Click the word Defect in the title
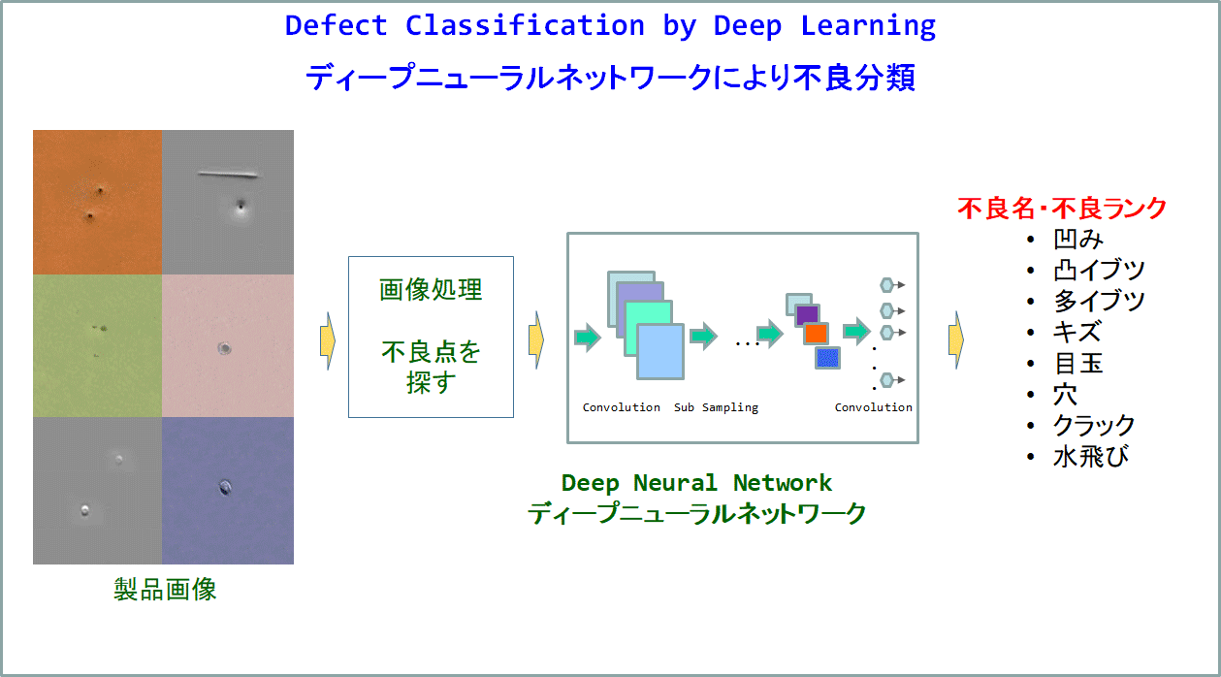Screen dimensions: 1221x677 tap(336, 25)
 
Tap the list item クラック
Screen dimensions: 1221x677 tap(1093, 425)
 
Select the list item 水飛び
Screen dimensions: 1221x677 tap(1091, 456)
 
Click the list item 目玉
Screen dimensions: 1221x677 tap(1078, 363)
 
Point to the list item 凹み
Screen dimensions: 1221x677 tap(1078, 239)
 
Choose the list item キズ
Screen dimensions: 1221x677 tap(1077, 332)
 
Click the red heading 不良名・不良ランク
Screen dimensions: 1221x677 tap(1062, 209)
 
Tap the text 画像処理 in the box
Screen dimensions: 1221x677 tap(431, 289)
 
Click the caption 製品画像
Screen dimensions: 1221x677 tap(165, 590)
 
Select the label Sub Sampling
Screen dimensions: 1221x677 tap(716, 407)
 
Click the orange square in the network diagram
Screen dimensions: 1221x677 tap(816, 333)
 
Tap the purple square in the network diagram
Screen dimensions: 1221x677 tap(807, 314)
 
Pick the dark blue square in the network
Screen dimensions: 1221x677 tap(827, 358)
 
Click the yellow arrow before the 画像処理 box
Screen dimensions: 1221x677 tap(328, 341)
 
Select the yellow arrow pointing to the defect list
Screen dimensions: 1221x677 tap(956, 340)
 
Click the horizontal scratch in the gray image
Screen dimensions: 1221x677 tap(227, 175)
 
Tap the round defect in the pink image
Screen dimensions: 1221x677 tap(225, 348)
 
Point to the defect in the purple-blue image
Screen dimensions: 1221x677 tap(225, 487)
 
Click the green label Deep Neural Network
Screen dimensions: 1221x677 tap(696, 483)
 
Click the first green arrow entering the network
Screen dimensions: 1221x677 tap(588, 338)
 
